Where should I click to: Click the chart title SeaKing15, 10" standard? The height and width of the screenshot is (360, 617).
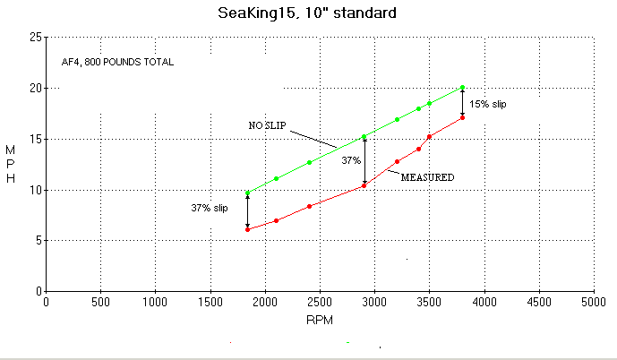307,13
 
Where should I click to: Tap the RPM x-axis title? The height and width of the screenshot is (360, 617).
320,318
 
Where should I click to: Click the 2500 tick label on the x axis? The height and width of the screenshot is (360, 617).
320,302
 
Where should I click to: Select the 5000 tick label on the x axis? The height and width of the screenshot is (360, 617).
594,302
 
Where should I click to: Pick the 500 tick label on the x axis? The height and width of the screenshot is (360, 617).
100,302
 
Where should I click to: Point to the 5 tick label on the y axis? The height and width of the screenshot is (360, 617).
37,240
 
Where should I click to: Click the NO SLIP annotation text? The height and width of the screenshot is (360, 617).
268,125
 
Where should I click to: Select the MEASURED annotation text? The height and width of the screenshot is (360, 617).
427,177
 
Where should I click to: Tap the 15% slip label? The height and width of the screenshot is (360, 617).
488,104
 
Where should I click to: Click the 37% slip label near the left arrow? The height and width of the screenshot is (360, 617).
210,208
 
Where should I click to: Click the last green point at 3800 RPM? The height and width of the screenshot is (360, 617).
462,88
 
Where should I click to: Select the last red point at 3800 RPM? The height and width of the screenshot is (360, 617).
462,117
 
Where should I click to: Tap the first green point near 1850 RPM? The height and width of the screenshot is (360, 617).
247,193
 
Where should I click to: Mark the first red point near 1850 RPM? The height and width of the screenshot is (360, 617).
247,229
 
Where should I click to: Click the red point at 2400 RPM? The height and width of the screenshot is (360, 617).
309,206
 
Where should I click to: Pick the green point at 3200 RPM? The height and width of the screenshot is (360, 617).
397,119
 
